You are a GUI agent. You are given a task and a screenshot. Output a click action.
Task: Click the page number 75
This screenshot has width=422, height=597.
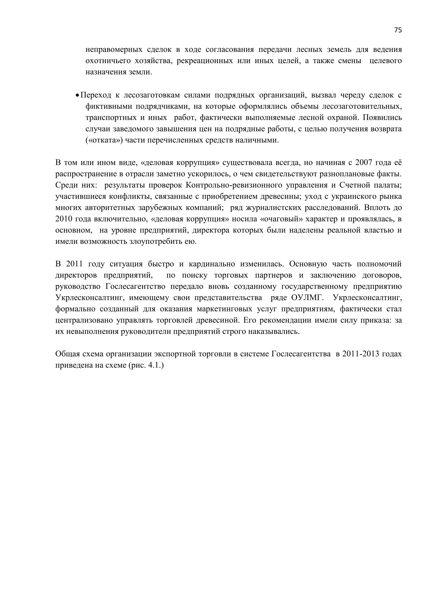point(397,30)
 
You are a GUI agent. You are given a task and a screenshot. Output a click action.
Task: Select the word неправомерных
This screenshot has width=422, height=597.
point(114,49)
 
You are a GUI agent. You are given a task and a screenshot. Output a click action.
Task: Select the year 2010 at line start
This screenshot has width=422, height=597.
point(64,219)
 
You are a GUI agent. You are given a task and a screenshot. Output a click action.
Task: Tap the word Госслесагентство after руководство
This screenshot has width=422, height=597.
point(135,287)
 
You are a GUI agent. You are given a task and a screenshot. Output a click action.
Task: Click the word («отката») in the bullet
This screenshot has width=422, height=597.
point(104,140)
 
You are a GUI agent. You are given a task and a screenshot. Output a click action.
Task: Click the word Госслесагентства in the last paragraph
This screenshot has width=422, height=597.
point(301,354)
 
